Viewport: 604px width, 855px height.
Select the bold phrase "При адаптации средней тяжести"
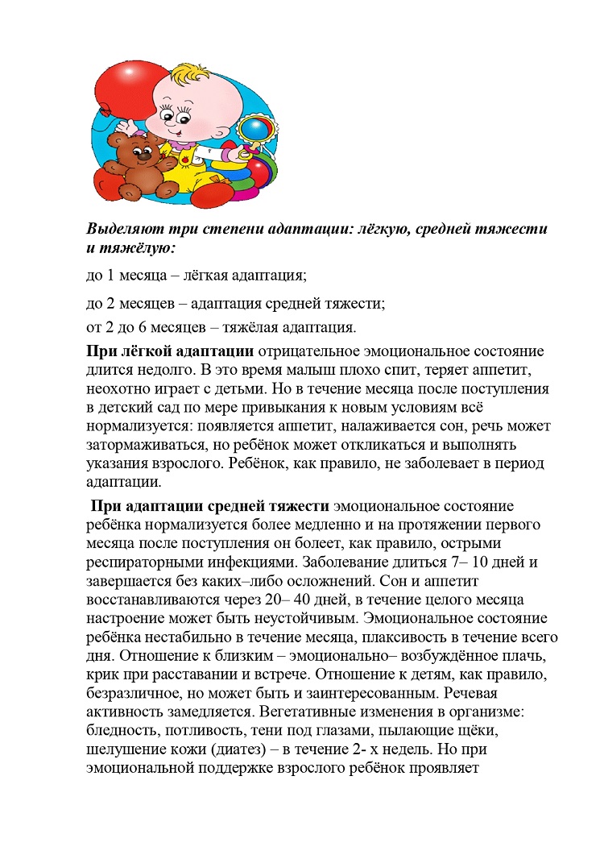(x=210, y=506)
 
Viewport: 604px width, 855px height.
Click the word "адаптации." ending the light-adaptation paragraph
(x=123, y=483)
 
